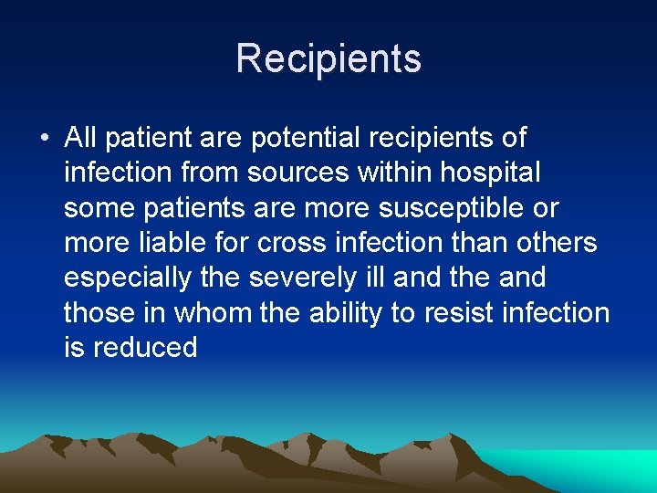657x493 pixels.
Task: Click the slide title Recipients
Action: pos(328,58)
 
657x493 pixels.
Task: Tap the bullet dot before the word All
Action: pos(43,139)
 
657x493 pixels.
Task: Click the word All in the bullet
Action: pos(80,138)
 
